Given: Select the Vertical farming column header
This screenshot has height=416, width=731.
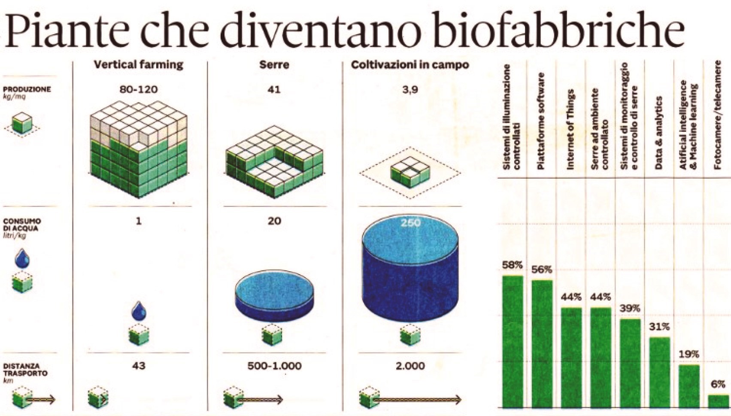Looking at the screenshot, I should tap(138, 65).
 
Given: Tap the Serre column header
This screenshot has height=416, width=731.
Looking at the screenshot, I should tap(274, 65).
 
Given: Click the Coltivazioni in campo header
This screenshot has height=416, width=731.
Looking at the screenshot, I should tap(410, 65).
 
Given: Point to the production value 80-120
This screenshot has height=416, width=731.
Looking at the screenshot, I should tap(138, 89).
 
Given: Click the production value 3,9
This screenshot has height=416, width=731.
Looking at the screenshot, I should tap(410, 89).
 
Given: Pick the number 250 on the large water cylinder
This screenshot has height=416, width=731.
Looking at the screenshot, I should tap(410, 223).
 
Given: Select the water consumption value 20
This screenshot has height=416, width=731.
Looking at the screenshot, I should tap(274, 221).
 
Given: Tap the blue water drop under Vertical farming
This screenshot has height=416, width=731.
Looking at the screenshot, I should tap(139, 311).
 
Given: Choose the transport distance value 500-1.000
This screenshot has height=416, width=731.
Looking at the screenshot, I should tap(274, 366).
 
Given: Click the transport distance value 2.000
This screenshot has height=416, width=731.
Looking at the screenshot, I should tap(410, 366).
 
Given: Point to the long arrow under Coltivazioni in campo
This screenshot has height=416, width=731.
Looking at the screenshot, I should tap(416, 400).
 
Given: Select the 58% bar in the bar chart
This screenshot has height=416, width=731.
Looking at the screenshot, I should tap(513, 341).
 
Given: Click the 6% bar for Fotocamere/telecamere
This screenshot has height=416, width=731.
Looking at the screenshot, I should tap(718, 401).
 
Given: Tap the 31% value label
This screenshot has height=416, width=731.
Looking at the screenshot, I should tap(659, 327).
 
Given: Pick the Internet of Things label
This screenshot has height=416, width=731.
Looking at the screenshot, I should tap(570, 129).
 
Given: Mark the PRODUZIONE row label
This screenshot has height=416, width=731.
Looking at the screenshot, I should tap(27, 89).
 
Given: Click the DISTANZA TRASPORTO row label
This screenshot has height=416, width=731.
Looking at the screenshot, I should tap(25, 370).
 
